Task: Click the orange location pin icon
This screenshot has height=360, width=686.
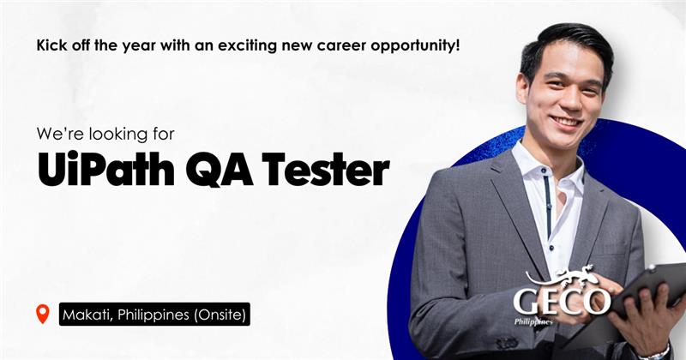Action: (x=42, y=314)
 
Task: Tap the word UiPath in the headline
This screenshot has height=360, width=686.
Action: (x=106, y=169)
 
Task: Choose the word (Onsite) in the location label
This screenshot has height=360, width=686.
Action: (x=220, y=315)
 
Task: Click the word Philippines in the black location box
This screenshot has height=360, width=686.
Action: (x=153, y=315)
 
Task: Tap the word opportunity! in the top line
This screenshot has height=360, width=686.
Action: (x=416, y=46)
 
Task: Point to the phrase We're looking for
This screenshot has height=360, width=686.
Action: (x=105, y=134)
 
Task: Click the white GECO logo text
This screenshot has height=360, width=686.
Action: (x=562, y=302)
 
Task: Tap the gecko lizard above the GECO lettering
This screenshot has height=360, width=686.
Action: (x=562, y=275)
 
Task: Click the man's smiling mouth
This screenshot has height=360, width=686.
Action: (x=566, y=121)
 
